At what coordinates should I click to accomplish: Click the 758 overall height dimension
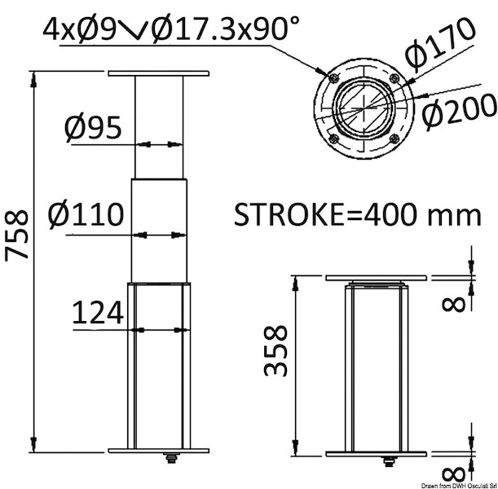[17, 236]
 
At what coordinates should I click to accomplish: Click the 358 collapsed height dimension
[276, 350]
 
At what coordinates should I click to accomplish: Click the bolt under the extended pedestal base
[173, 463]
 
